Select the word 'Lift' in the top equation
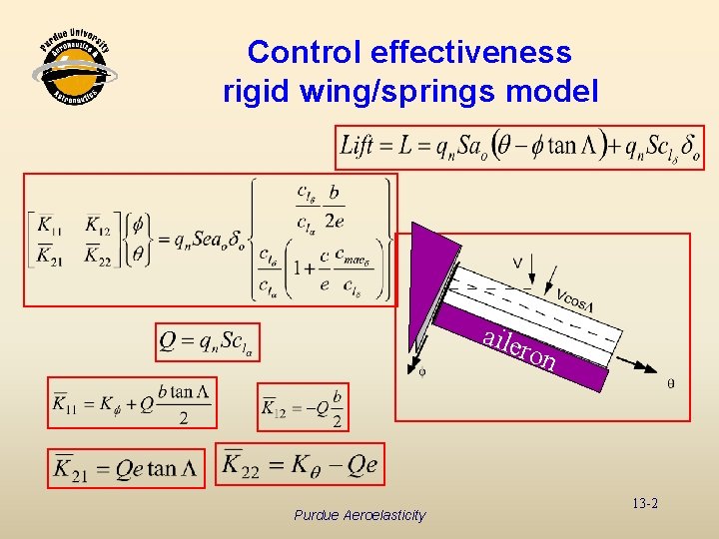coord(359,147)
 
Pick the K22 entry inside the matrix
coord(98,255)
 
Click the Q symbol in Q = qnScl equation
coord(169,341)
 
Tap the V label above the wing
coord(516,263)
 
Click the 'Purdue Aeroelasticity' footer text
coord(359,515)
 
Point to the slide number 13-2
coord(644,504)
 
